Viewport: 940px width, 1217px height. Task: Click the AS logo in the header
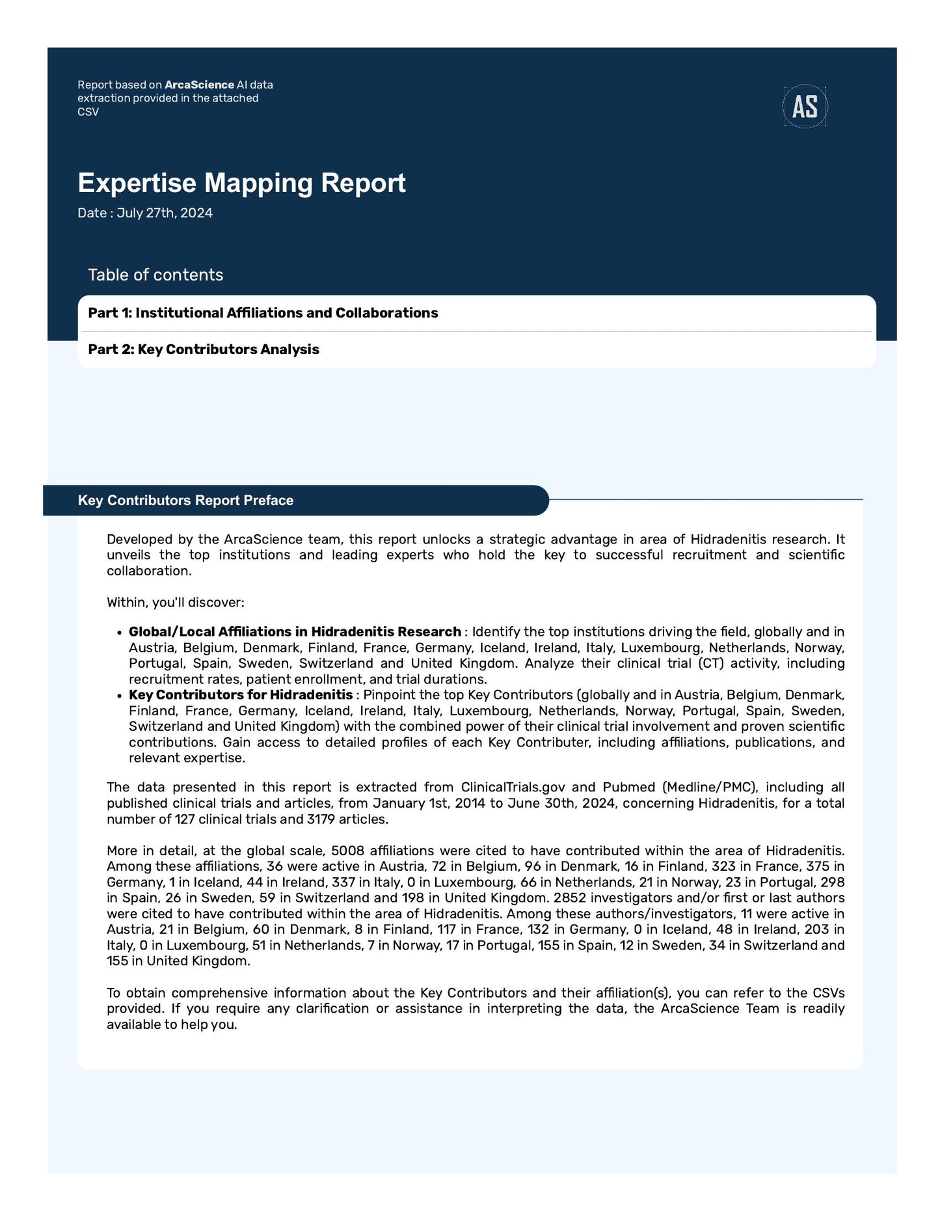[805, 106]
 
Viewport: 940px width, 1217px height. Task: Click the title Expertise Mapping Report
[241, 183]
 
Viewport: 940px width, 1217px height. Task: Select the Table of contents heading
[155, 275]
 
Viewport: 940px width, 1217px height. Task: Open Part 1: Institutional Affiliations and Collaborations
[263, 313]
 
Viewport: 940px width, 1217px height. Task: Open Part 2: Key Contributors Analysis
[204, 349]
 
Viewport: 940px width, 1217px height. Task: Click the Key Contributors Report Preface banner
[185, 500]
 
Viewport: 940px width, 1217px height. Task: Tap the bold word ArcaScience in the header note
[199, 85]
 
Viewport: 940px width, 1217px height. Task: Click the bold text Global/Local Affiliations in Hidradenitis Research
[295, 632]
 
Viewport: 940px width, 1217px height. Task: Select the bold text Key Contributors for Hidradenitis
[241, 695]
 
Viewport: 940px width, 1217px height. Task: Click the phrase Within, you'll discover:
[176, 603]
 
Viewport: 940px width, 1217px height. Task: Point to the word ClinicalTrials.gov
[513, 787]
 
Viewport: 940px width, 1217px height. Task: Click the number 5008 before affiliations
[347, 851]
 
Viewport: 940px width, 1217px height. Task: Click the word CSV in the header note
[88, 112]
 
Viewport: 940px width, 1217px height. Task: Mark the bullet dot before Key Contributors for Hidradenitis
[119, 696]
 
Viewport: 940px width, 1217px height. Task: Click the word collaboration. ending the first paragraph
[149, 571]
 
